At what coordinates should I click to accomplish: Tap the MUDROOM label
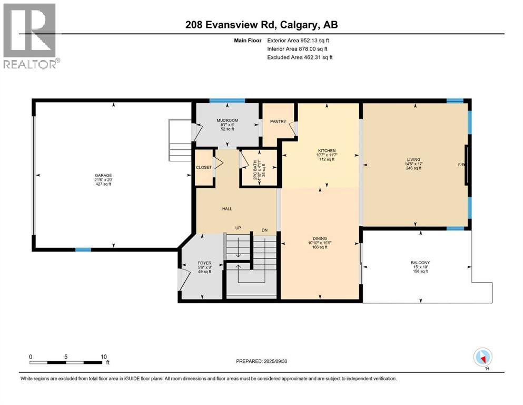(228, 121)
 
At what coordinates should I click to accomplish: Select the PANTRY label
(278, 122)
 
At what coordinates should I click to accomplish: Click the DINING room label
(319, 238)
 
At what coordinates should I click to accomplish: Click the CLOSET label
(203, 168)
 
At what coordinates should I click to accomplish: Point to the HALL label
(227, 209)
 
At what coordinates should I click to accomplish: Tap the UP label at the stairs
(238, 229)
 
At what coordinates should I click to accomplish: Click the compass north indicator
(482, 358)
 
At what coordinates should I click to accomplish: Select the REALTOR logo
(31, 36)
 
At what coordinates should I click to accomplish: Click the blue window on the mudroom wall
(227, 100)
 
